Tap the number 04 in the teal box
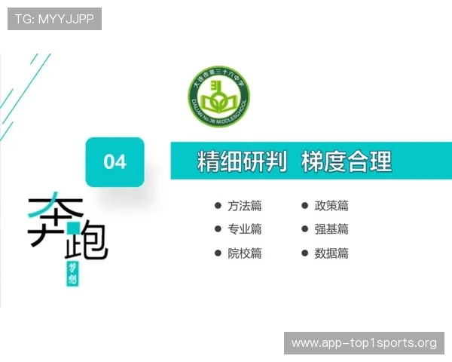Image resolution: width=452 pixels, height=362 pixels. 115,161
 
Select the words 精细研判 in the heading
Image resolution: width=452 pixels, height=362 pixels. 241,161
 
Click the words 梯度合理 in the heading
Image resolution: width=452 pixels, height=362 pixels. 347,161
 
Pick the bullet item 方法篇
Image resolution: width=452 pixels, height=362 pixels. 245,206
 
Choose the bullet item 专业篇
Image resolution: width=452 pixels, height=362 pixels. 245,229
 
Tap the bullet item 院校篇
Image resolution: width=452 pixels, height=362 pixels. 245,253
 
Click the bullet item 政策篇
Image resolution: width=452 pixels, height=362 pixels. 331,206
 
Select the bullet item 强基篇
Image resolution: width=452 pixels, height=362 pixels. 331,229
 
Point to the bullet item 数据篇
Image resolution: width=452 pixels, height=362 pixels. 331,253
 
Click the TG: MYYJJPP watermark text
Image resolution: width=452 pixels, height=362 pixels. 54,19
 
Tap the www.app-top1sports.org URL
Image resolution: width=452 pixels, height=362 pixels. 364,343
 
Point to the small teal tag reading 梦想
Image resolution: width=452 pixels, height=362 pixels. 73,276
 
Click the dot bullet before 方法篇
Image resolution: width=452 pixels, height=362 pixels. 218,205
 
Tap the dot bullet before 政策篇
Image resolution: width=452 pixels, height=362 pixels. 305,205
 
